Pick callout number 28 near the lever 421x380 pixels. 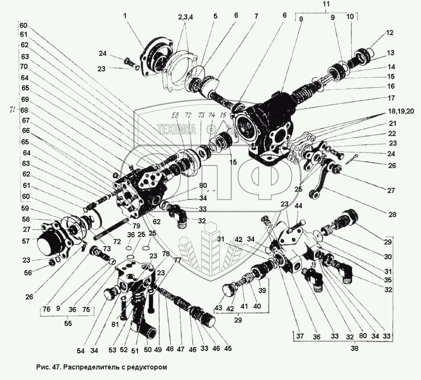point(392,215)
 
